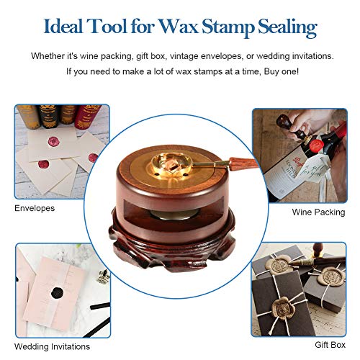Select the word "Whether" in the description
[x=50, y=56]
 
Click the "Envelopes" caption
[x=35, y=209]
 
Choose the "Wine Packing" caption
[x=318, y=213]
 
